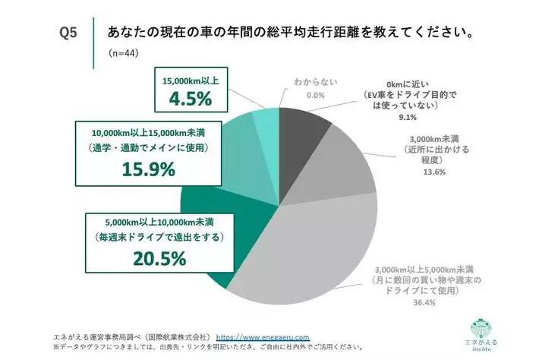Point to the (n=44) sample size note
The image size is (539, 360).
click(125, 55)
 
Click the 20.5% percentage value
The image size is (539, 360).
click(160, 259)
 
